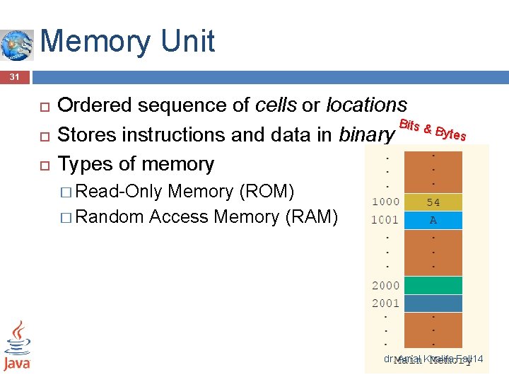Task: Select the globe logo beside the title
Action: pyautogui.click(x=17, y=45)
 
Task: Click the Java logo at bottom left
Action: pyautogui.click(x=18, y=346)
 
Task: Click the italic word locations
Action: pyautogui.click(x=366, y=105)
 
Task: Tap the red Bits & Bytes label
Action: pyautogui.click(x=432, y=129)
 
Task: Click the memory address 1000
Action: pyautogui.click(x=386, y=202)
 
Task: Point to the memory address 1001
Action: pyautogui.click(x=386, y=220)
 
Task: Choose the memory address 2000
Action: pyautogui.click(x=386, y=286)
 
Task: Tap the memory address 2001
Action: pyautogui.click(x=386, y=303)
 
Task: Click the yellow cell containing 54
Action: pyautogui.click(x=433, y=202)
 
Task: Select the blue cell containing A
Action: pyautogui.click(x=433, y=220)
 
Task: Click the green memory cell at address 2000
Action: pyautogui.click(x=433, y=286)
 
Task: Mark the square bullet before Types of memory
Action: pyautogui.click(x=43, y=165)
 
